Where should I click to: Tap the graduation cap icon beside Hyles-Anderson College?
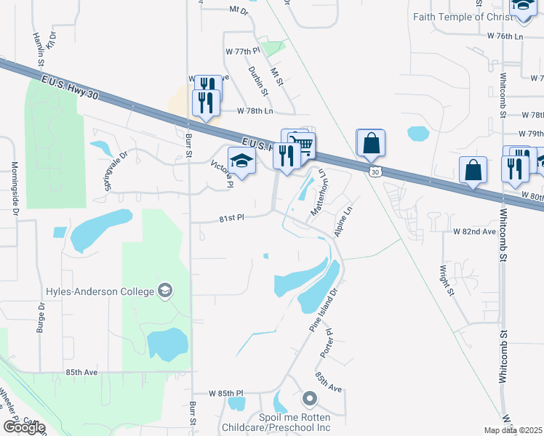(166, 291)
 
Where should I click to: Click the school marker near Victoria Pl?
(241, 161)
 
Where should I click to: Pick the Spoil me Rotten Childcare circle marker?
(310, 398)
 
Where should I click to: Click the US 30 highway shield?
(374, 171)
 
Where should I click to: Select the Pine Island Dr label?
(324, 311)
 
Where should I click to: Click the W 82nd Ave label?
(473, 231)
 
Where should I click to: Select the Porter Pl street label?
(327, 342)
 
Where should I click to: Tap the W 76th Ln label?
(505, 36)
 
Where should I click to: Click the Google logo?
(24, 427)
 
